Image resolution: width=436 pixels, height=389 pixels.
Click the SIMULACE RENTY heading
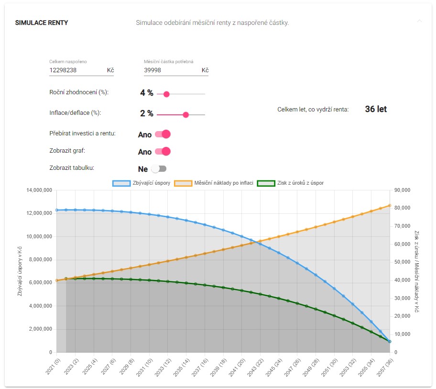tap(42, 22)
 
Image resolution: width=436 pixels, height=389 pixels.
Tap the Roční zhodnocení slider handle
tap(166, 94)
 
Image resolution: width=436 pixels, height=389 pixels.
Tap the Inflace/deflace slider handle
tap(186, 115)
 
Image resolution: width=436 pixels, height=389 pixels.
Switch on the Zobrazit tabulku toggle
tap(159, 169)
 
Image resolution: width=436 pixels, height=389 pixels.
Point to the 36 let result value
tap(376, 109)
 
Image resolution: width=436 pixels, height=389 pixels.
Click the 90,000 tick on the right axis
tap(403, 190)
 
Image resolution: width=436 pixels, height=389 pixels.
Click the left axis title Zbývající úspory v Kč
tap(20, 271)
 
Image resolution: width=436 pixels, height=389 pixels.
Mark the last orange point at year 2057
tap(390, 206)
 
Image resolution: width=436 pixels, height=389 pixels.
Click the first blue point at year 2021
tap(56, 210)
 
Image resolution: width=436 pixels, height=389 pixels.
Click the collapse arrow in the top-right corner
tap(419, 21)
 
